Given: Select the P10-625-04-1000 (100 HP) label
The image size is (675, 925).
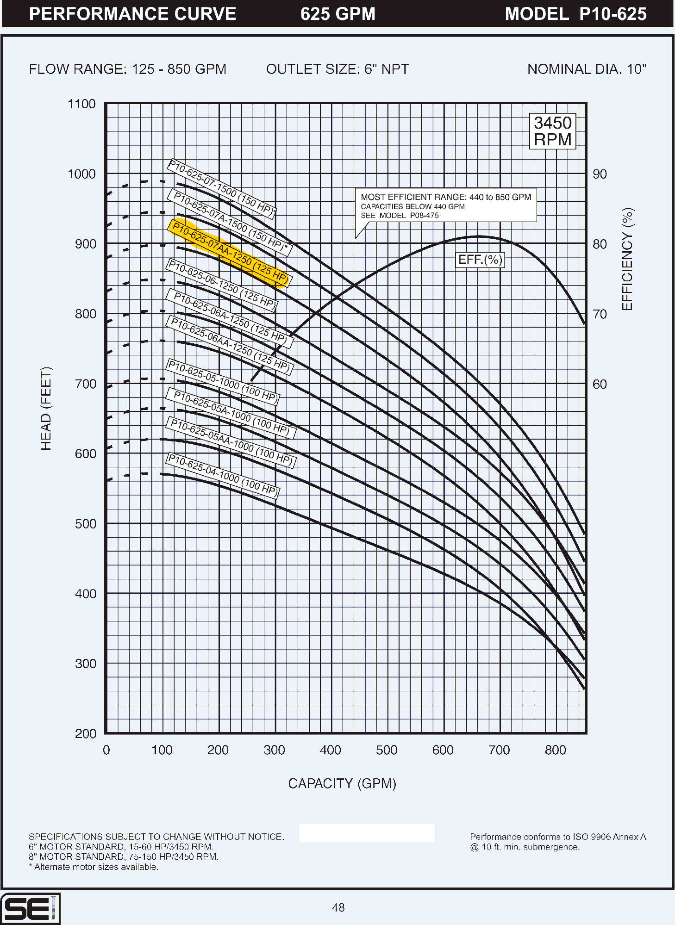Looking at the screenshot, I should (223, 475).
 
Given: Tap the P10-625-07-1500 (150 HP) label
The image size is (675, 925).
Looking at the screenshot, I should (222, 188).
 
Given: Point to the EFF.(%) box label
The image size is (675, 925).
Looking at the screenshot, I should (480, 260).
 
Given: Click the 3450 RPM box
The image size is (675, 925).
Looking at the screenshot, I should (552, 131).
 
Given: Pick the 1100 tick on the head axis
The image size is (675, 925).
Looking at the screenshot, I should (81, 104).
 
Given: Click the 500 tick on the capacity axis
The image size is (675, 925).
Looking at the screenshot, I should (387, 750).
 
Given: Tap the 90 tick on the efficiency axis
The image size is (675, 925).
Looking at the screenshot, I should (600, 174).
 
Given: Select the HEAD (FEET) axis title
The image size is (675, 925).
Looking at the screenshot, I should (46, 409).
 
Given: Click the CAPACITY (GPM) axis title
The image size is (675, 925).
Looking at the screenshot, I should (342, 783).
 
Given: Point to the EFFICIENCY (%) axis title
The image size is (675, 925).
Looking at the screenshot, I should (627, 259).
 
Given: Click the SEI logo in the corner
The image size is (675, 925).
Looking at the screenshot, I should (30, 909).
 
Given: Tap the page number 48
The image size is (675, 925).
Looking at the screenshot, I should (338, 907).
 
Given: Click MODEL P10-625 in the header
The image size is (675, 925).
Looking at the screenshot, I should (575, 14).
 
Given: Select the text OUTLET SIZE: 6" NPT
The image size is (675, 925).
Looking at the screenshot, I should (337, 69).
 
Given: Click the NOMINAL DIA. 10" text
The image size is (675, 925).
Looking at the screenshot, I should (587, 69).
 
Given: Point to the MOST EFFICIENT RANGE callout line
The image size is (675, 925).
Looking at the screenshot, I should (446, 197).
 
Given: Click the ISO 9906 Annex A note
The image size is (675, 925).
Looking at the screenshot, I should (558, 837).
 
